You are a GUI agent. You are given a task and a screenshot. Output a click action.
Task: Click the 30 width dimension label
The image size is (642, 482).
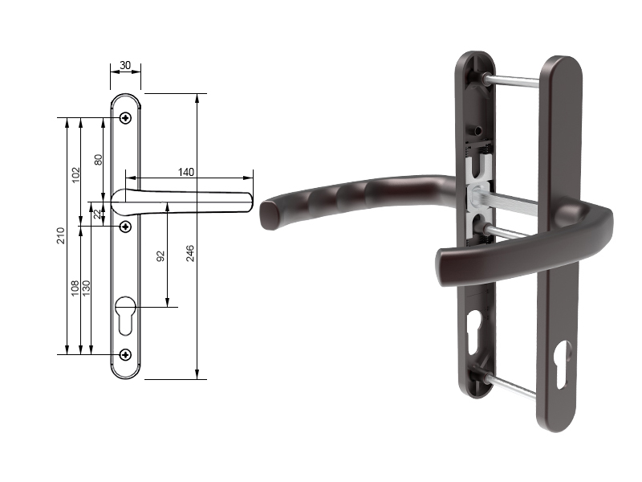(x=125, y=65)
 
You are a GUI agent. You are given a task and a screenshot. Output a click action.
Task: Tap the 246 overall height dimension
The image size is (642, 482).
(x=190, y=253)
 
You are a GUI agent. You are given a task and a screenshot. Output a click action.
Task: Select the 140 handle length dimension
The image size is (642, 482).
(x=186, y=172)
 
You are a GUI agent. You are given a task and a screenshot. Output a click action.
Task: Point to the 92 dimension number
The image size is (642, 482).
(x=160, y=256)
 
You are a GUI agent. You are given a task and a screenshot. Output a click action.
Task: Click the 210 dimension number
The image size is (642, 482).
(x=61, y=235)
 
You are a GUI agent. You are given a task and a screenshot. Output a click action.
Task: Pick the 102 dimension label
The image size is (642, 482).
(x=75, y=175)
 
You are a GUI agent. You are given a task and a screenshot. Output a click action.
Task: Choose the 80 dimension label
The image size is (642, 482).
(x=98, y=160)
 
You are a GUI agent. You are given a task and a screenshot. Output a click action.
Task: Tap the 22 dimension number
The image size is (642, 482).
(x=97, y=214)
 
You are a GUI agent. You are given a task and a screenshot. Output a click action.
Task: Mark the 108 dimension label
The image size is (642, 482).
(x=75, y=288)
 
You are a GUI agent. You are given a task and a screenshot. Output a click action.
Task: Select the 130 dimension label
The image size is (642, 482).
(x=86, y=288)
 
